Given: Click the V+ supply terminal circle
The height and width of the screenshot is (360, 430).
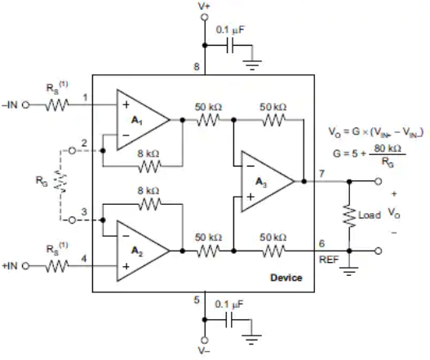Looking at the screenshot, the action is (205, 17).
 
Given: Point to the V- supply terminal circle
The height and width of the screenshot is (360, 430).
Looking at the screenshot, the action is (205, 340).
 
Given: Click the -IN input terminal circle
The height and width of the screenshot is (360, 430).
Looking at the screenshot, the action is (25, 104).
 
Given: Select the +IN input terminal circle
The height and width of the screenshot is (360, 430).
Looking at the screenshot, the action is (25, 266).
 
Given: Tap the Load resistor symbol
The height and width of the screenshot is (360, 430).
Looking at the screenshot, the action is (349, 216).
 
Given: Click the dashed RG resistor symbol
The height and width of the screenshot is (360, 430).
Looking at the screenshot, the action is (60, 181).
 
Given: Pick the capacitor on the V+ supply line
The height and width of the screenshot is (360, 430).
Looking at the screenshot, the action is (230, 45).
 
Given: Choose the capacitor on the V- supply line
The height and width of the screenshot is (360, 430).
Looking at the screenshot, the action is (229, 320).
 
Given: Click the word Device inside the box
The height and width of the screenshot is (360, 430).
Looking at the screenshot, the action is (286, 278).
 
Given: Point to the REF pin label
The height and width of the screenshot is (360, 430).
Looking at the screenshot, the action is (329, 260).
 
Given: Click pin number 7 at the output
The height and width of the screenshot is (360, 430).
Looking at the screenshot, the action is (321, 173).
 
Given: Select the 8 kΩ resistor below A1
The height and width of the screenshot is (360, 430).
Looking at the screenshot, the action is (149, 167).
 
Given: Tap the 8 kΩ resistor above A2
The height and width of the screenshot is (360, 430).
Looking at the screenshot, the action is (149, 204).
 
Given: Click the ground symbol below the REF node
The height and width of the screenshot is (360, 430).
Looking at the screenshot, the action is (349, 271).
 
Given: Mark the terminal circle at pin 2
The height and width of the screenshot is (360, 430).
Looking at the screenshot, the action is (72, 151).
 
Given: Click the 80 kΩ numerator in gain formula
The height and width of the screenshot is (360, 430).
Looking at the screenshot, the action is (388, 149).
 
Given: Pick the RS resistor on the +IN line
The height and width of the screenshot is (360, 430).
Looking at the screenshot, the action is (57, 266).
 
